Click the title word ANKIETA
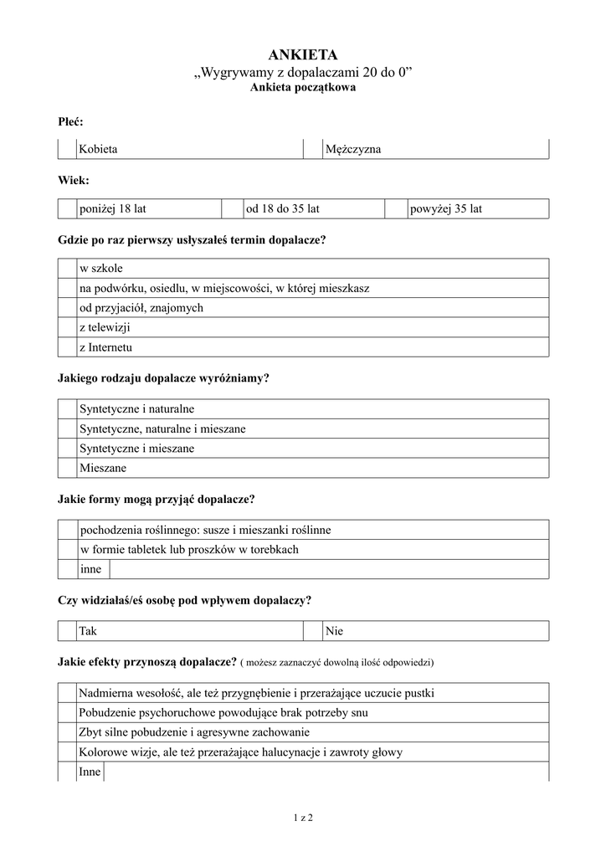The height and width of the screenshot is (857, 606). (302, 55)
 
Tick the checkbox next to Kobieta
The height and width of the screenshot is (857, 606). (67, 149)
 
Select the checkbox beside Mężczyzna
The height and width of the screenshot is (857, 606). (312, 149)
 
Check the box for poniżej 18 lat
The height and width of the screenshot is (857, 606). (67, 208)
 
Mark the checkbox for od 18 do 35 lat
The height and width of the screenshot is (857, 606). (231, 208)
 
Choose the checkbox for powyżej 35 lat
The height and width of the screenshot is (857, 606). (395, 208)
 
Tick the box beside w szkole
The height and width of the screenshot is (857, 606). (67, 269)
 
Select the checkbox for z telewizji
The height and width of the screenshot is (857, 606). (67, 327)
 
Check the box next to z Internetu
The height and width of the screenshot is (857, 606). (67, 346)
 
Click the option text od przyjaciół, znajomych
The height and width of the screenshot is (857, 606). (141, 308)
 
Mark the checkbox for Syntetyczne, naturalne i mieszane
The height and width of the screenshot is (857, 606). (67, 429)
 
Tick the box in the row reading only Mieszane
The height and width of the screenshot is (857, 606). (67, 469)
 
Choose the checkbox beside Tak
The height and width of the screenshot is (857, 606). (67, 631)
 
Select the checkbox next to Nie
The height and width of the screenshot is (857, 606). (312, 631)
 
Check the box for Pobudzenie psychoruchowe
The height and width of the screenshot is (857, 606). (67, 713)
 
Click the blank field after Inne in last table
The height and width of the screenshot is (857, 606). (326, 772)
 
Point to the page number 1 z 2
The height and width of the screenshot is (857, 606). (302, 817)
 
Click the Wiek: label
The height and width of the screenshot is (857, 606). (74, 180)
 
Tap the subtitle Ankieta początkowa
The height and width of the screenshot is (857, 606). (302, 88)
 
